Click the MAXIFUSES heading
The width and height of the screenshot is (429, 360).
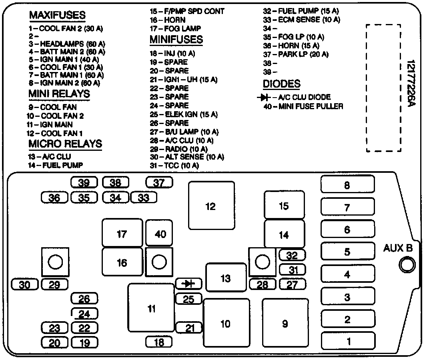coord(57,15)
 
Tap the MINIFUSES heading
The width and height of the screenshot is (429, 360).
coord(176,40)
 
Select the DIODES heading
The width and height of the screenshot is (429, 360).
coord(281,84)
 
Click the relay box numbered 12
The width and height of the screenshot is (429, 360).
coord(211,206)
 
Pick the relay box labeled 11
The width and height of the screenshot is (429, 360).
coord(151,308)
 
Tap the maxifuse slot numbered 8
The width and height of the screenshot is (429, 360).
coord(347,185)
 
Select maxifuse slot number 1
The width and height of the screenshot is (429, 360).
coord(349,341)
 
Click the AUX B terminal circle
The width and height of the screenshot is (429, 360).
coord(407,265)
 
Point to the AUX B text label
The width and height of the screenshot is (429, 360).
coord(398,248)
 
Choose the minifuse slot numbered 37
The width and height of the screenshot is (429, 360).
coord(159,183)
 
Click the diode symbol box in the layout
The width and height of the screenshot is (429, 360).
coord(188,284)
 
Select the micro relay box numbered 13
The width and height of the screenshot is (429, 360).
coord(226,278)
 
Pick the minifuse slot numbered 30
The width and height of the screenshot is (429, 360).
coord(25,285)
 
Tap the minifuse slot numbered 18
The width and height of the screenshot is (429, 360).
coord(159,342)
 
